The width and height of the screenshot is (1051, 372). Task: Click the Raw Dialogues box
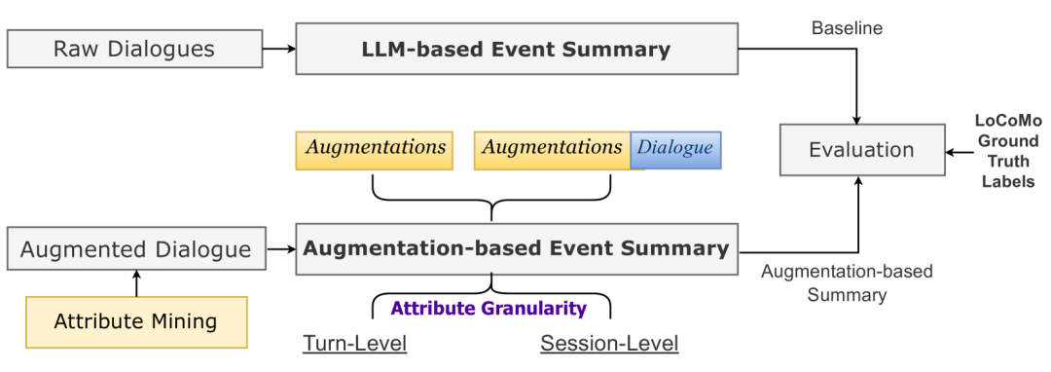tap(134, 49)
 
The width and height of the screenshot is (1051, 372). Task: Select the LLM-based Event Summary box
tap(516, 50)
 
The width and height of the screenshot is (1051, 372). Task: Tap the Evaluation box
tap(861, 150)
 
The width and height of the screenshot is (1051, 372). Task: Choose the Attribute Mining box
tap(136, 321)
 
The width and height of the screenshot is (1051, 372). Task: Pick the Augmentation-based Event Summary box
tap(516, 247)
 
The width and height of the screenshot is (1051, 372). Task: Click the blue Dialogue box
tap(676, 149)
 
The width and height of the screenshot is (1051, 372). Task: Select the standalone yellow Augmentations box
tap(375, 149)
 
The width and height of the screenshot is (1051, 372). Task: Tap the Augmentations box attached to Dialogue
tap(552, 149)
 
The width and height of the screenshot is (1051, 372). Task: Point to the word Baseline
tap(847, 28)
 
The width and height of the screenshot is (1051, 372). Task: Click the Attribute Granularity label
tap(489, 309)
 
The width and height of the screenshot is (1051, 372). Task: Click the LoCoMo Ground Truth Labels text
tap(1006, 151)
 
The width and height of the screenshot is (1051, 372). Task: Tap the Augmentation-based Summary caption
tap(847, 282)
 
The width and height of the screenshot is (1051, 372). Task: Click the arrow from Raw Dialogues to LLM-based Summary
tap(278, 49)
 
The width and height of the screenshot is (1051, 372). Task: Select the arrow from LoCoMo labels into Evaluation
tap(958, 150)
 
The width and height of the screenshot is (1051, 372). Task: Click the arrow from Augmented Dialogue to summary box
tap(279, 248)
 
